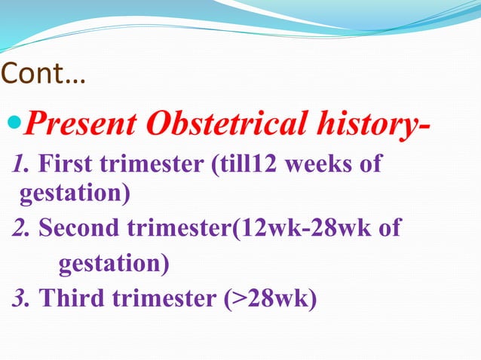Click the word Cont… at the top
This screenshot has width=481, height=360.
click(x=44, y=75)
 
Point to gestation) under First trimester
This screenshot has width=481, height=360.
click(x=74, y=195)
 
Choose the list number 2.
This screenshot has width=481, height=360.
click(x=21, y=228)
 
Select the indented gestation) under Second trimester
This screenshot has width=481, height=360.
click(x=114, y=264)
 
